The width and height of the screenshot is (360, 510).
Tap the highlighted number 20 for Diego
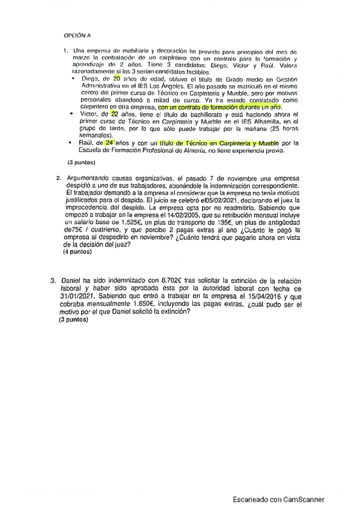(117, 79)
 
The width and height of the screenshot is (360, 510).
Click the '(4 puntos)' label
(78, 252)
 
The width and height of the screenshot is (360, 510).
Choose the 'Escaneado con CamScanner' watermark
(279, 499)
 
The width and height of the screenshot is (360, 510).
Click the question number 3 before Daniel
(53, 280)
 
